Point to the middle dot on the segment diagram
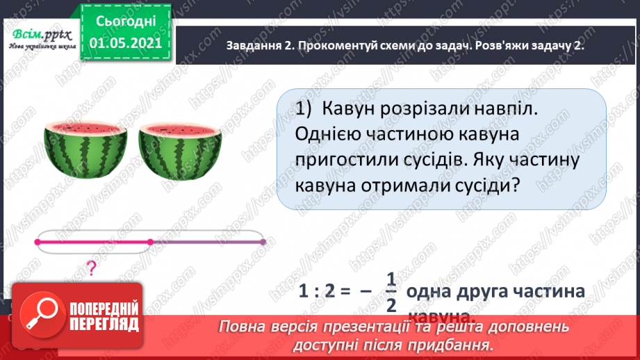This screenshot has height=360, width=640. pyautogui.click(x=150, y=242)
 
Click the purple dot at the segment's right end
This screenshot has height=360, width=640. pyautogui.click(x=263, y=242)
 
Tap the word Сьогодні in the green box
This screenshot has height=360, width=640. pyautogui.click(x=125, y=21)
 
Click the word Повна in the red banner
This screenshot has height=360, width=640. pyautogui.click(x=243, y=326)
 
